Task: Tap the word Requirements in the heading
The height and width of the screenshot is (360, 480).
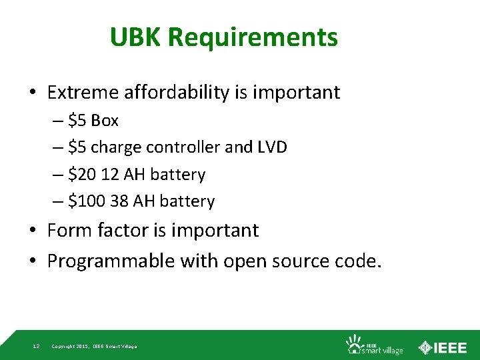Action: click(253, 39)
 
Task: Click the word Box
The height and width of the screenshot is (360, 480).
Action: click(105, 121)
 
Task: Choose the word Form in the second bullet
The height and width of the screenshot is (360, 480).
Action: click(69, 231)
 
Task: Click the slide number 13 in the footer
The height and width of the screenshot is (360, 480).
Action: click(36, 346)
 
